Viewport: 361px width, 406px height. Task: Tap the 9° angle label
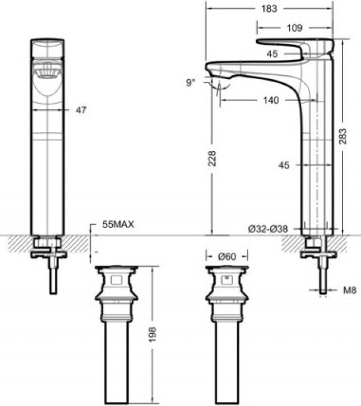click(x=191, y=83)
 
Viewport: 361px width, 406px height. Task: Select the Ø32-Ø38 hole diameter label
click(x=268, y=228)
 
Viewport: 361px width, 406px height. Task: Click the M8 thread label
click(x=350, y=290)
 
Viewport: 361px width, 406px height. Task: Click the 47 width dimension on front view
click(x=81, y=110)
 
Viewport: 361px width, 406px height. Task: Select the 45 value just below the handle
click(x=272, y=54)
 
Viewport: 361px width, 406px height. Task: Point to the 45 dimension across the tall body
click(x=285, y=165)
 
